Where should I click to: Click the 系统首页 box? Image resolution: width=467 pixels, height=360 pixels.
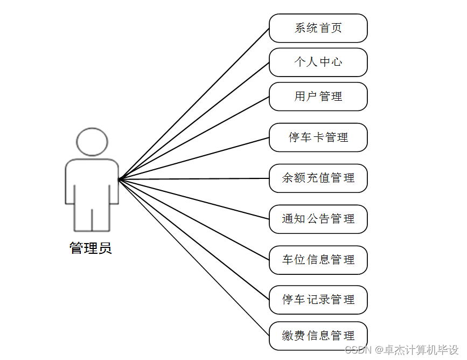click(x=318, y=28)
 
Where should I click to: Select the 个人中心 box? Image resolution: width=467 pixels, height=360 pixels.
click(x=318, y=62)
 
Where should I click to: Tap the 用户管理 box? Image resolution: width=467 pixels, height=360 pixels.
click(x=318, y=96)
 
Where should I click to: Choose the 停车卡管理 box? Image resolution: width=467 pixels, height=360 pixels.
click(x=318, y=137)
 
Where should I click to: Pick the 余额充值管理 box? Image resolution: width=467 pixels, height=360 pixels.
click(x=318, y=178)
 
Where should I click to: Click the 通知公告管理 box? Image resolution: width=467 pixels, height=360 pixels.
click(x=318, y=219)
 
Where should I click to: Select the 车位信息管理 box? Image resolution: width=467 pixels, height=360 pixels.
click(x=318, y=260)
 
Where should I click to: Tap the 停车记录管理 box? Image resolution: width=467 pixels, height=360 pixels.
click(x=318, y=300)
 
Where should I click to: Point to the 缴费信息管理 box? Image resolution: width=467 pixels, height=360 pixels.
click(x=318, y=336)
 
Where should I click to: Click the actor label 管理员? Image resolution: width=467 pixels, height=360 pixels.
click(x=90, y=248)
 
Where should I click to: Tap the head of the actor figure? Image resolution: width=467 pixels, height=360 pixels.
click(x=92, y=142)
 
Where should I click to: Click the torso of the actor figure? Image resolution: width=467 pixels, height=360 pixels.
click(x=92, y=183)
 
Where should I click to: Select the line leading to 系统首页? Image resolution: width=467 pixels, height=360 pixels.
click(x=194, y=103)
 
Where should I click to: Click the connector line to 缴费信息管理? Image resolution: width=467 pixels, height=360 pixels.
click(x=194, y=257)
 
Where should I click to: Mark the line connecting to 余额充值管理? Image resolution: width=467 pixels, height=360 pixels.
click(x=194, y=178)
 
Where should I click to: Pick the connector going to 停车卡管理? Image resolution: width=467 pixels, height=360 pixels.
click(x=194, y=158)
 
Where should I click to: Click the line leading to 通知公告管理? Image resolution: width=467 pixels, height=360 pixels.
click(x=194, y=199)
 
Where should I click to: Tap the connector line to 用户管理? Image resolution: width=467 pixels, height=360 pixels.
click(x=194, y=137)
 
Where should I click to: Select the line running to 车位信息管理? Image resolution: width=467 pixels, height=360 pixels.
click(x=194, y=219)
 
